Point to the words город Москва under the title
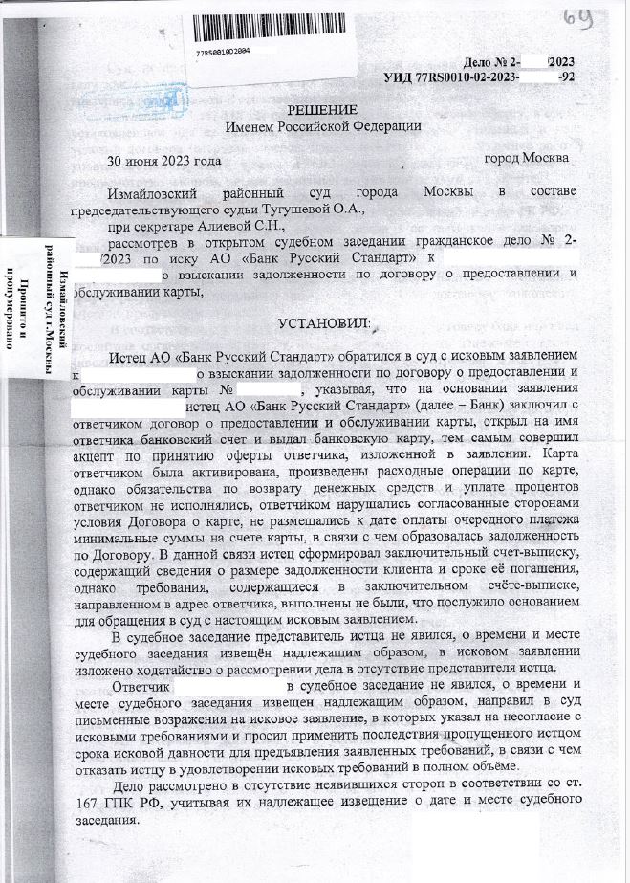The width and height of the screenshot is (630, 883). coord(527,157)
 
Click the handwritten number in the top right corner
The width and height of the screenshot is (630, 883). coord(601,16)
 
